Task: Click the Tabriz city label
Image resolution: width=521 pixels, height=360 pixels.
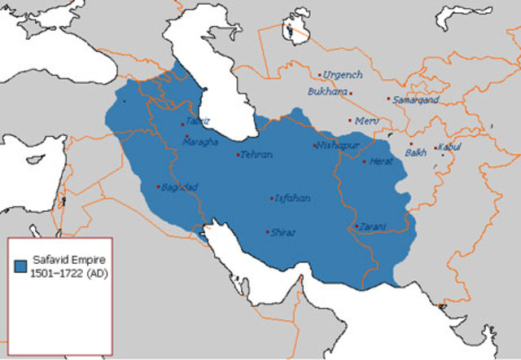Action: click(x=198, y=121)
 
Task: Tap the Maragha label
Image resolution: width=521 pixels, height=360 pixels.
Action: click(x=202, y=142)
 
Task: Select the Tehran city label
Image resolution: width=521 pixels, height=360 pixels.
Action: click(x=256, y=154)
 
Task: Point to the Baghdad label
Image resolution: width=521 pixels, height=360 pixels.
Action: click(x=181, y=187)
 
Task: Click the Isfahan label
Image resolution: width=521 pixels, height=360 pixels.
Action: click(x=293, y=197)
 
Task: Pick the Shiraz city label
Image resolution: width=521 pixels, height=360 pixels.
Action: click(x=284, y=231)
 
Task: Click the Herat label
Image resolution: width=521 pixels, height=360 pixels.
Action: click(x=381, y=161)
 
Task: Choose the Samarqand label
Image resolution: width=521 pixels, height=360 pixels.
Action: click(x=417, y=99)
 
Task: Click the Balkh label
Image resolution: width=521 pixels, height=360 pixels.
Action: click(x=416, y=152)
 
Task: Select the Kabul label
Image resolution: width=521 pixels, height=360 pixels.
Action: click(x=450, y=147)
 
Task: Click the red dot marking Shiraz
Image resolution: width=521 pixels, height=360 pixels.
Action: click(x=267, y=232)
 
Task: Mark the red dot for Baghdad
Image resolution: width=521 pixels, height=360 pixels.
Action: click(x=158, y=187)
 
